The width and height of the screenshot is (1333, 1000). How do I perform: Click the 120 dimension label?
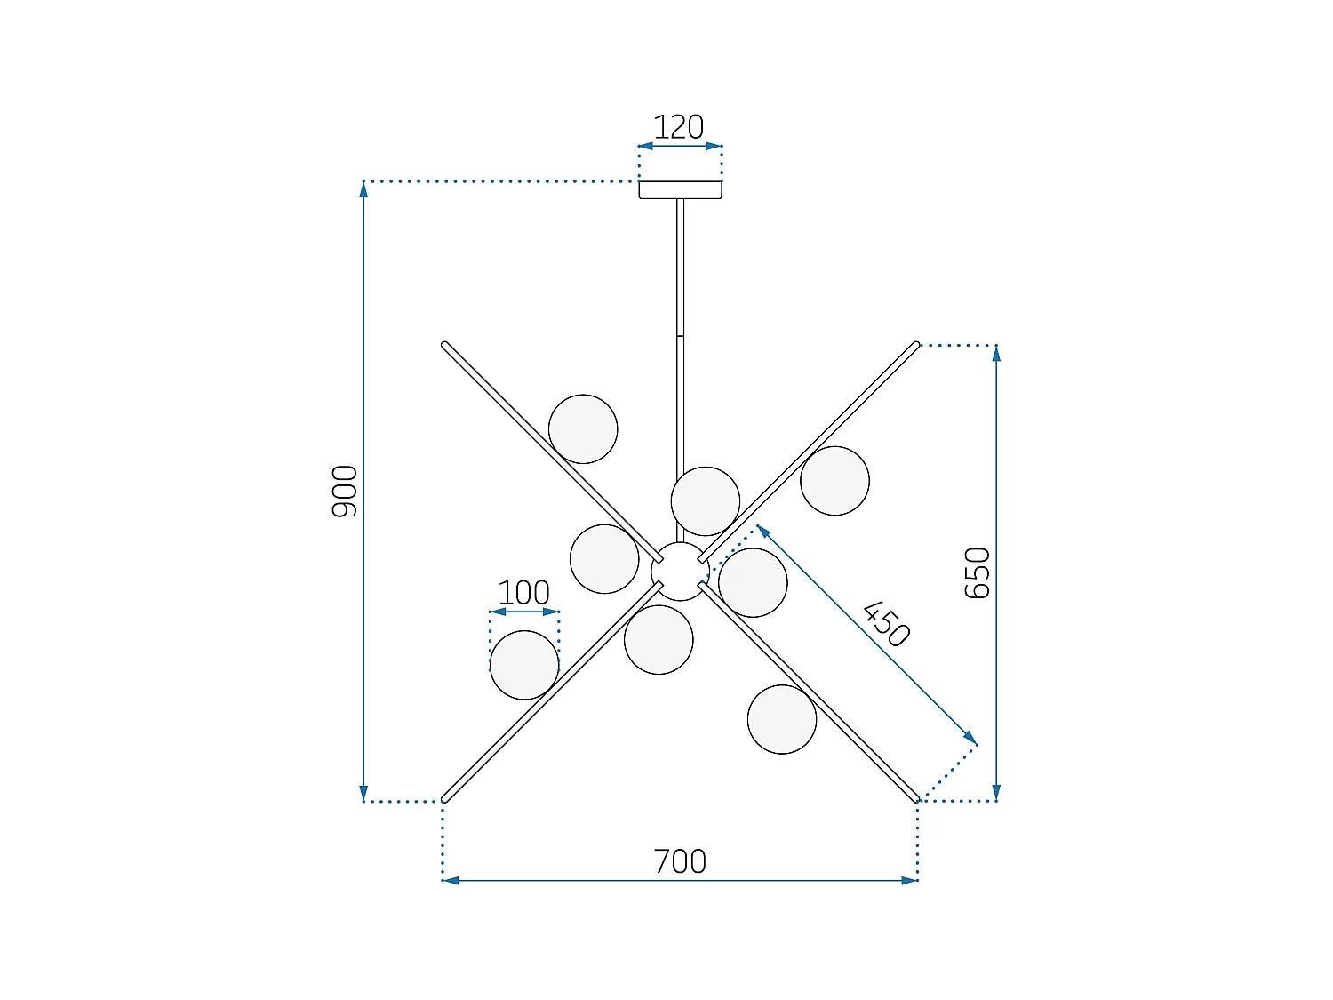(x=679, y=127)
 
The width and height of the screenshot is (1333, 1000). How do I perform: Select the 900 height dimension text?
(x=345, y=491)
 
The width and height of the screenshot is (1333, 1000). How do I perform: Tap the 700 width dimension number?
(x=680, y=861)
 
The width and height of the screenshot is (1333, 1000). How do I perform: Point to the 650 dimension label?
(x=978, y=572)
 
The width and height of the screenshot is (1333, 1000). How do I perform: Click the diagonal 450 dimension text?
(x=886, y=624)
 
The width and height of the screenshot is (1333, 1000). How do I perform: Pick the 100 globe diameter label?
(x=523, y=593)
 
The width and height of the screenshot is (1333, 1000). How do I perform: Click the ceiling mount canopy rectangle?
(x=680, y=189)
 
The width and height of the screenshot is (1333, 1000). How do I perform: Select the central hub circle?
(x=680, y=572)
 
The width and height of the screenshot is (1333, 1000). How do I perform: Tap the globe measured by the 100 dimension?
(x=524, y=665)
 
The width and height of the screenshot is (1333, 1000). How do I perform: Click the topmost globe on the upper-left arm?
(x=583, y=429)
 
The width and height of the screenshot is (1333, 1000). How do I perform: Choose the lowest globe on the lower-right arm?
(x=782, y=719)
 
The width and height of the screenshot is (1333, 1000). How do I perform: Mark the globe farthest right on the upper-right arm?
(x=834, y=481)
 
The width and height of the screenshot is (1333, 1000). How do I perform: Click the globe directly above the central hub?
(x=706, y=501)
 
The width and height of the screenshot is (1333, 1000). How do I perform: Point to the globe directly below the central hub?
(x=659, y=640)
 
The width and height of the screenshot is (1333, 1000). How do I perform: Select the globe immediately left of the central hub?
(x=604, y=559)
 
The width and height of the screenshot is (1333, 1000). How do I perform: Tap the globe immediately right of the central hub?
(x=753, y=583)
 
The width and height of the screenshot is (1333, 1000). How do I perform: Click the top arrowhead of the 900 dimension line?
(x=363, y=188)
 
